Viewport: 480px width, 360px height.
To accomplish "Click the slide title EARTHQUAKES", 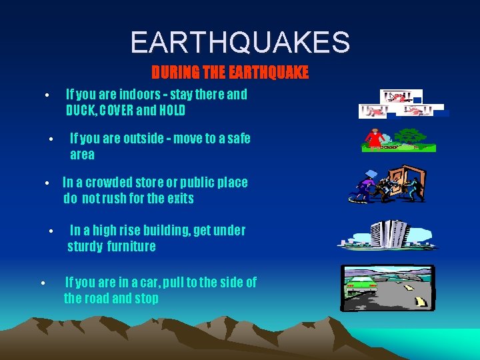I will (240, 42).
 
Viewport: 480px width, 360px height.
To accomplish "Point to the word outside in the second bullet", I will (148, 139).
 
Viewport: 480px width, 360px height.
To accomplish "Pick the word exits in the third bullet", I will (179, 199).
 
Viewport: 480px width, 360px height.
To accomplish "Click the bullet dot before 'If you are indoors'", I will (47, 95).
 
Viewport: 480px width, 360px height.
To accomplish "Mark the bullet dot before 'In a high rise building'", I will (51, 232).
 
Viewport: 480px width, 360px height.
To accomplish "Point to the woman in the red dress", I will (374, 138).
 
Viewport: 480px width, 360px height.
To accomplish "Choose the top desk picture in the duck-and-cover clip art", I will (401, 97).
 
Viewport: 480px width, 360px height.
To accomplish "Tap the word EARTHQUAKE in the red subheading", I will (271, 73).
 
